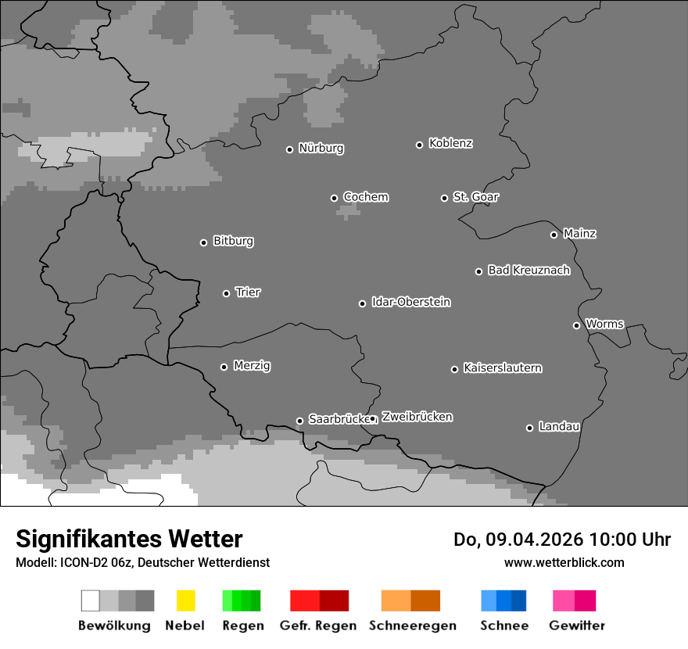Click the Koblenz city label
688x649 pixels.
coord(450,143)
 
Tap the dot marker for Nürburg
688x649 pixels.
coord(289,149)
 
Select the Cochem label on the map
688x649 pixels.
coord(366,197)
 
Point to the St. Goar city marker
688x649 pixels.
coord(444,198)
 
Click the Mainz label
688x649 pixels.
coord(579,234)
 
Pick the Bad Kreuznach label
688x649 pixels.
coord(529,271)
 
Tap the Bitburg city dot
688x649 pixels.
coord(203,242)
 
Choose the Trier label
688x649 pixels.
coord(248,292)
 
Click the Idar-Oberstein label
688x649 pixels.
coord(411,303)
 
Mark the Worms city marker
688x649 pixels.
coord(576,325)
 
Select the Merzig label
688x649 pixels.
coord(252,366)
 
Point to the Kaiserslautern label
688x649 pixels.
coord(503,368)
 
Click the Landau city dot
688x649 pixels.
coord(529,428)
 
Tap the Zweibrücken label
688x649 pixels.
coord(417,418)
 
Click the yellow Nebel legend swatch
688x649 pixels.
coord(185,601)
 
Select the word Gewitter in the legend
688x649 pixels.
coord(577,626)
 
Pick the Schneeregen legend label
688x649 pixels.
coord(413,626)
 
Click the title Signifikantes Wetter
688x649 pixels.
coord(129,539)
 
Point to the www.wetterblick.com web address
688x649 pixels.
coord(564,562)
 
